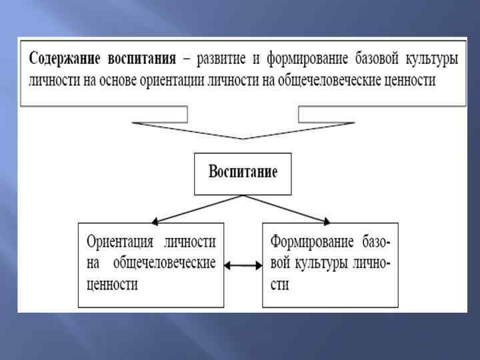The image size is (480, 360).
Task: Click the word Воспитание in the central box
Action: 243,171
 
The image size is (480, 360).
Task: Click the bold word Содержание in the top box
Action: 66,59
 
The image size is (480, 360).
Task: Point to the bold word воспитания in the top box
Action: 143,59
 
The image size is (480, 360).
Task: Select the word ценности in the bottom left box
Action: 112,285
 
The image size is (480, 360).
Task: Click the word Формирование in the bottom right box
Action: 311,241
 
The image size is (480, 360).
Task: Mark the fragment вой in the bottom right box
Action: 281,263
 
